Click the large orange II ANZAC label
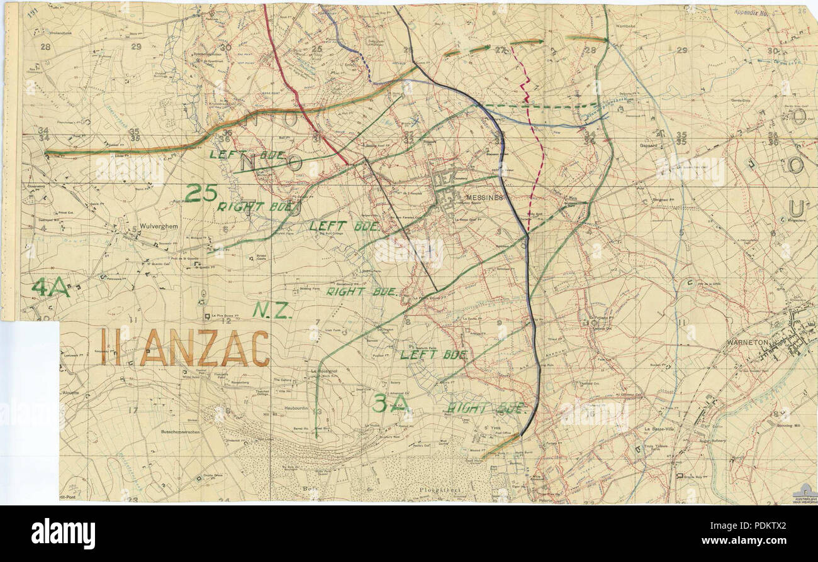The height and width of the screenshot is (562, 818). click(184, 348)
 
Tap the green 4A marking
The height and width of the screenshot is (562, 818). click(50, 288)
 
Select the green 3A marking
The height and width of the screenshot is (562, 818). click(391, 404)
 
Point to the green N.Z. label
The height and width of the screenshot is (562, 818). click(272, 310)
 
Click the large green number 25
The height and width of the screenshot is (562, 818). click(201, 192)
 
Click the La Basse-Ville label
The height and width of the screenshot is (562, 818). click(661, 429)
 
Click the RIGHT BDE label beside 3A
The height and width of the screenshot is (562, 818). click(485, 408)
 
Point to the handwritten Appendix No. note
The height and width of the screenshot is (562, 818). click(753, 11)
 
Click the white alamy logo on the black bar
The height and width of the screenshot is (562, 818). click(64, 534)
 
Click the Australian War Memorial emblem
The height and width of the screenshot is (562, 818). click(804, 493)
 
